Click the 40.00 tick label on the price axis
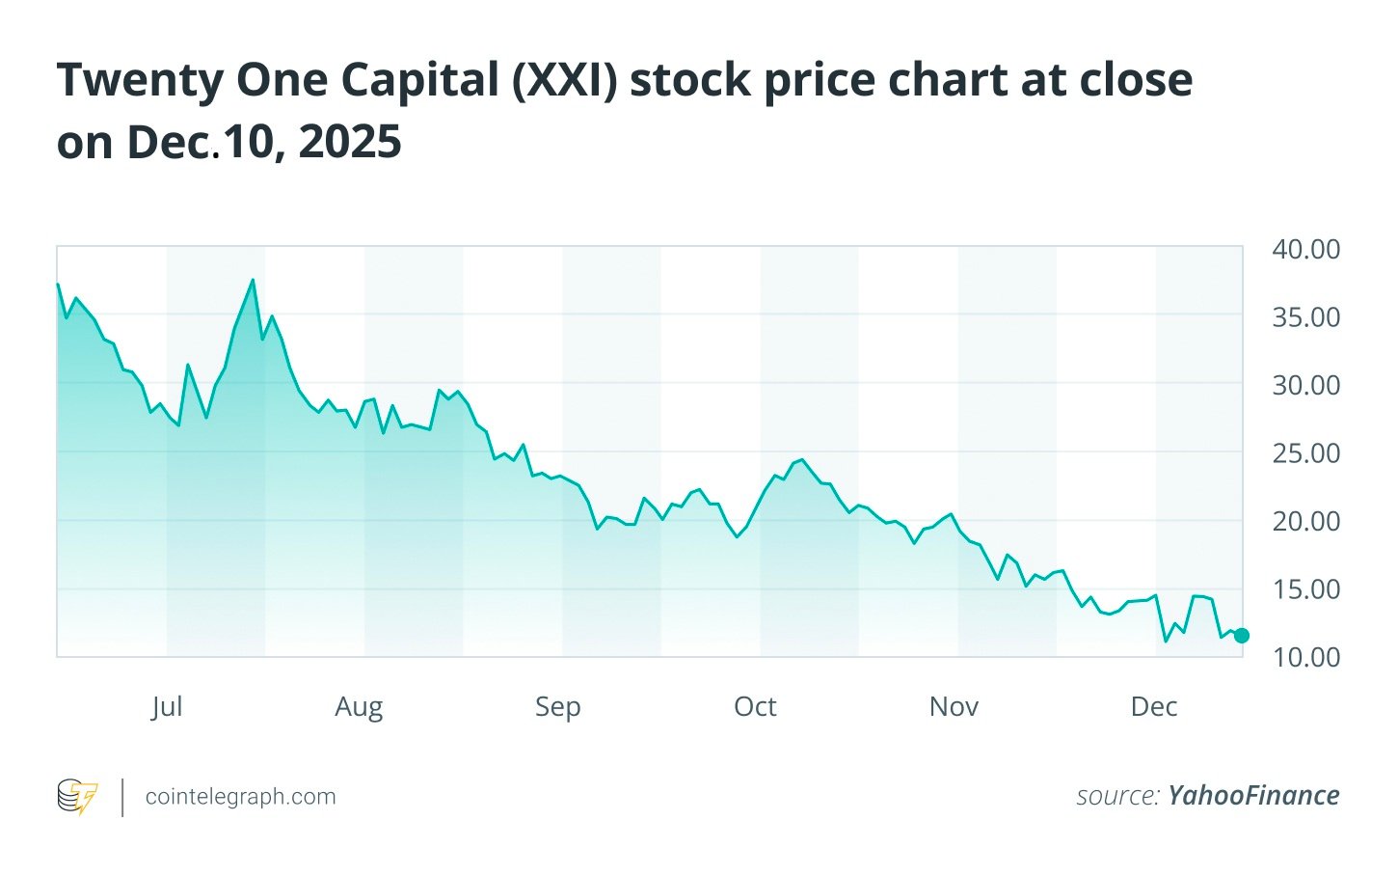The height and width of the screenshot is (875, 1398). [x=1305, y=250]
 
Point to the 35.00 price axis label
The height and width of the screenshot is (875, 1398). [x=1305, y=317]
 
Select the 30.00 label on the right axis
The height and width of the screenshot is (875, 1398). [x=1305, y=386]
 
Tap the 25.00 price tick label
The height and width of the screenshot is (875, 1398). [x=1305, y=453]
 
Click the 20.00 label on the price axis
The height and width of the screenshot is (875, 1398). [x=1305, y=522]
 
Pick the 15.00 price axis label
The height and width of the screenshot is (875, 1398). [x=1305, y=589]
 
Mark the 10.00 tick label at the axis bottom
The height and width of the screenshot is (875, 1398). [x=1305, y=658]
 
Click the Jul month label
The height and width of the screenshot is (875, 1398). [x=167, y=707]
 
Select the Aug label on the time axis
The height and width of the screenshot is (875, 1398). [x=359, y=707]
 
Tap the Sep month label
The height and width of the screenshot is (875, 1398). [x=557, y=707]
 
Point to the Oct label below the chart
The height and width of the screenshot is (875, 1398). [x=755, y=707]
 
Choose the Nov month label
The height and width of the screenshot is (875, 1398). [x=954, y=707]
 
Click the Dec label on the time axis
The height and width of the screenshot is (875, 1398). [x=1153, y=707]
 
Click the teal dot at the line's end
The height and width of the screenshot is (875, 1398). [x=1242, y=635]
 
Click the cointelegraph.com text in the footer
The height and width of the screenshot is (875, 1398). [x=240, y=797]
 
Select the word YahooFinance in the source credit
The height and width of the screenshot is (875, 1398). [x=1253, y=796]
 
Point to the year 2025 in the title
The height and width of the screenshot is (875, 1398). [x=350, y=143]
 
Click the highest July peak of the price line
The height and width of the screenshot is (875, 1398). [x=253, y=281]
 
